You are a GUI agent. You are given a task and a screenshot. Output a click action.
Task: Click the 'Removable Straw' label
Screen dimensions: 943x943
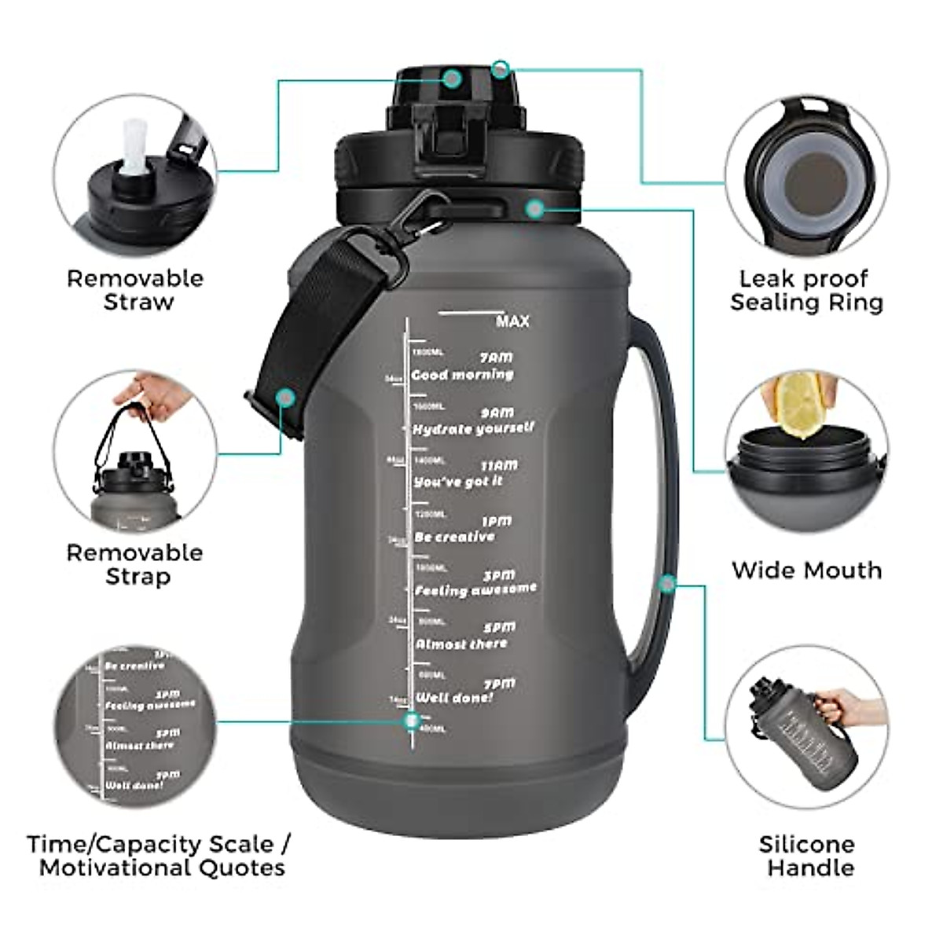135,290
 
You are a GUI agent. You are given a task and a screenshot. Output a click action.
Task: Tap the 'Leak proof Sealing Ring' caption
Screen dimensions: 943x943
805,290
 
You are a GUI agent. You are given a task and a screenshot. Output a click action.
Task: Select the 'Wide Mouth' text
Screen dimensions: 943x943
806,570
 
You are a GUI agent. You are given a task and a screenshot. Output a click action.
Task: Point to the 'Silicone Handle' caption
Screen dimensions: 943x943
806,856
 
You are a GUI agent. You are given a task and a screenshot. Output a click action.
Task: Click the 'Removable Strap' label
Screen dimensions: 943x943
135,564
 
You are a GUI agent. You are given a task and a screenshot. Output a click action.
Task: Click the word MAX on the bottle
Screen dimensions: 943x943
512,321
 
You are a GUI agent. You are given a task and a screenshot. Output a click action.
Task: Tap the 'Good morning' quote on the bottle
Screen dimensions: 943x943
462,375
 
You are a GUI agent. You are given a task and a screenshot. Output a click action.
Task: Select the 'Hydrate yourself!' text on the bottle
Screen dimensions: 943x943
473,428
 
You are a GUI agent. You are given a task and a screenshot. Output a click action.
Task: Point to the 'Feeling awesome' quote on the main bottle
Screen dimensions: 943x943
475,589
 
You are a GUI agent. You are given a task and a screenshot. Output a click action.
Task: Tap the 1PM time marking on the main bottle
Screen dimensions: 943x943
496,521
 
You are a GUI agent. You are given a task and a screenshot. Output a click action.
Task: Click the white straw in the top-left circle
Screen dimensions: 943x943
134,145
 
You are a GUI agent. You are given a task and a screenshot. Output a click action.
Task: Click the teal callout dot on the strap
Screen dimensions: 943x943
286,398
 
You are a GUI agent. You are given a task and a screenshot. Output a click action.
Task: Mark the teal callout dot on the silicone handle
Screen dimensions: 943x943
667,584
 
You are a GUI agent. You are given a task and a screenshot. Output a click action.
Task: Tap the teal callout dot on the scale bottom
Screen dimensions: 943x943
411,721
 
